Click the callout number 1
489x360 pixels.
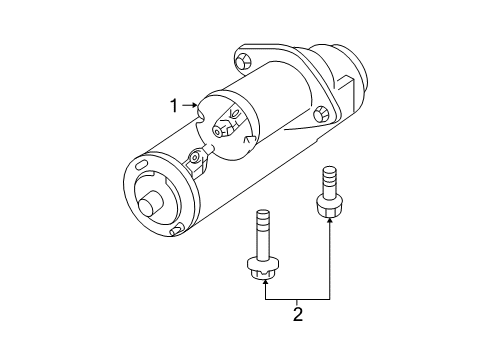pyautogui.click(x=174, y=104)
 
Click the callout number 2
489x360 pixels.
pyautogui.click(x=297, y=316)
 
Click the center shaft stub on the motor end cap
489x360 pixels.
pyautogui.click(x=150, y=205)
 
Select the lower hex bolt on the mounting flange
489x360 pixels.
pyautogui.click(x=320, y=114)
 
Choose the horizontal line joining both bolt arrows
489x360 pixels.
pyautogui.click(x=297, y=298)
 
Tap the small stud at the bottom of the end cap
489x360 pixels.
pyautogui.click(x=176, y=231)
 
